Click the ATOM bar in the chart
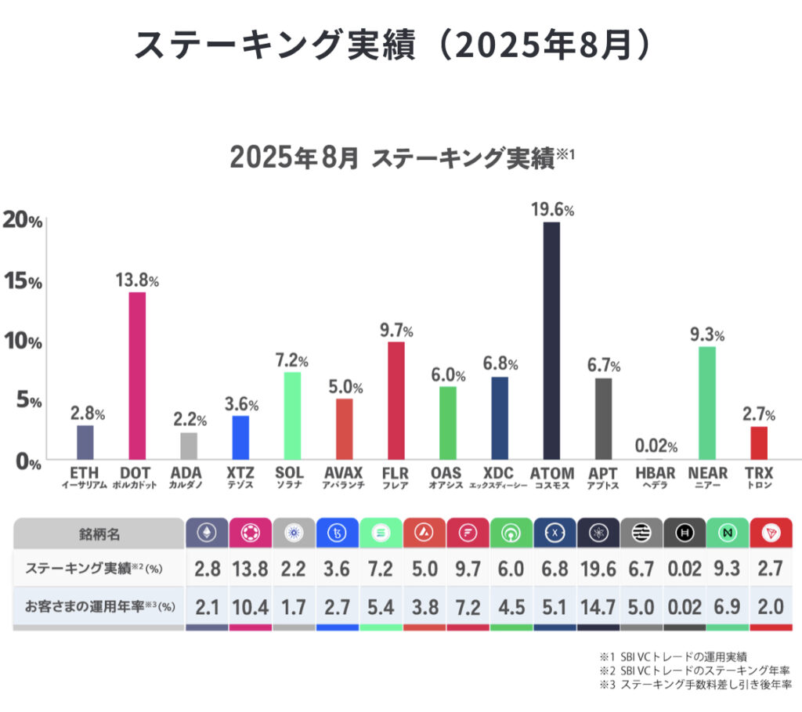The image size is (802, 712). point(551,341)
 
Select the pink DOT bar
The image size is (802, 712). point(136,376)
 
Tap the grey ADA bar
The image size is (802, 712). point(189,446)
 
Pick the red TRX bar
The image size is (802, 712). point(759,443)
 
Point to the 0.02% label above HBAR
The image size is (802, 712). point(656,446)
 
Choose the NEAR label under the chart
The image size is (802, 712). point(707,474)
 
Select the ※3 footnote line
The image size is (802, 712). point(695,684)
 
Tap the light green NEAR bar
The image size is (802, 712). point(707,403)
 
